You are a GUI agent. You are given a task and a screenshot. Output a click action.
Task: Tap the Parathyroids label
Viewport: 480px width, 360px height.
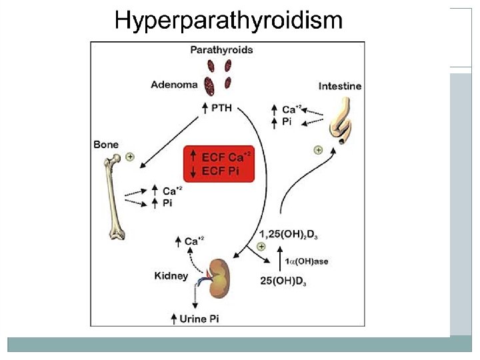tap(221, 50)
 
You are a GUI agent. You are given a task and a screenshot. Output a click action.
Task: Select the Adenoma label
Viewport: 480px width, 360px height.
tap(174, 85)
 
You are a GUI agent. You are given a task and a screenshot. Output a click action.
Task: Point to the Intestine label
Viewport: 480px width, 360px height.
tap(339, 86)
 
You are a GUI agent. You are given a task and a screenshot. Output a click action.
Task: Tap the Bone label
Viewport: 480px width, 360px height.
tap(107, 144)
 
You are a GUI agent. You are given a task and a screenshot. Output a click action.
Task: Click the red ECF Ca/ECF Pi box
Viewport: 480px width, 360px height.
tap(219, 164)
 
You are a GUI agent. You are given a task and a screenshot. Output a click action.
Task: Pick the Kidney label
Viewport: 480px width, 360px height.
tap(171, 275)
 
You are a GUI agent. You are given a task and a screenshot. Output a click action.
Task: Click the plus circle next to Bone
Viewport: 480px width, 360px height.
tap(129, 157)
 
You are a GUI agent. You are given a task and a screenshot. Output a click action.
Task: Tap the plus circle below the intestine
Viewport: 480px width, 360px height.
tap(319, 150)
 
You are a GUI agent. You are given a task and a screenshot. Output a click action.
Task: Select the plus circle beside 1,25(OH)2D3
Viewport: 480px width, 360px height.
tap(261, 247)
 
